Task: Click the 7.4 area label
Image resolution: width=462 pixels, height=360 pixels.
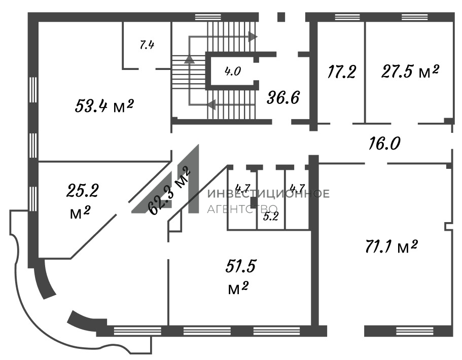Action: tap(147, 45)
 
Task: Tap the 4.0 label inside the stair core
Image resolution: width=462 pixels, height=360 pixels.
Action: tap(233, 71)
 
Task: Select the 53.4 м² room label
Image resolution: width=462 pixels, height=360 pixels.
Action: tap(104, 105)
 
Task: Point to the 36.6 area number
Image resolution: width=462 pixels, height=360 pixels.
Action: tap(283, 97)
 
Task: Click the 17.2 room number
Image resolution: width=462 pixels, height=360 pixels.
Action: tap(341, 71)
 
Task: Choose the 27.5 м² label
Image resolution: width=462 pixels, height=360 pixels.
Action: tap(410, 71)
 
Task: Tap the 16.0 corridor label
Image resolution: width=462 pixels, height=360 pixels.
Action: tap(384, 143)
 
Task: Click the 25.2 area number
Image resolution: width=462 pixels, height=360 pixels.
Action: tap(83, 190)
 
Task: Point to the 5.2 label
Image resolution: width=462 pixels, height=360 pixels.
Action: tap(271, 217)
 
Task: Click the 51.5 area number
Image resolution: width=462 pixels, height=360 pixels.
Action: tap(241, 266)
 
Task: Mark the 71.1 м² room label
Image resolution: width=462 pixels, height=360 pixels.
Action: tap(392, 246)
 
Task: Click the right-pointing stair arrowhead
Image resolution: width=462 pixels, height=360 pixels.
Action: tap(253, 37)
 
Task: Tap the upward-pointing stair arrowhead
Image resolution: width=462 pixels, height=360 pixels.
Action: tap(189, 59)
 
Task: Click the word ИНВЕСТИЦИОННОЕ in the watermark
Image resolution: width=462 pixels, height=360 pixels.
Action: tap(268, 194)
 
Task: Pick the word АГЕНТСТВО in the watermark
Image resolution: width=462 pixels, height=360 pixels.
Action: tap(242, 209)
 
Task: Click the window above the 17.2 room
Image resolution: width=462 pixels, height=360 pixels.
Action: tap(347, 17)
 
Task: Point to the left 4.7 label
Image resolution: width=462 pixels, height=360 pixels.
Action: tap(243, 188)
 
